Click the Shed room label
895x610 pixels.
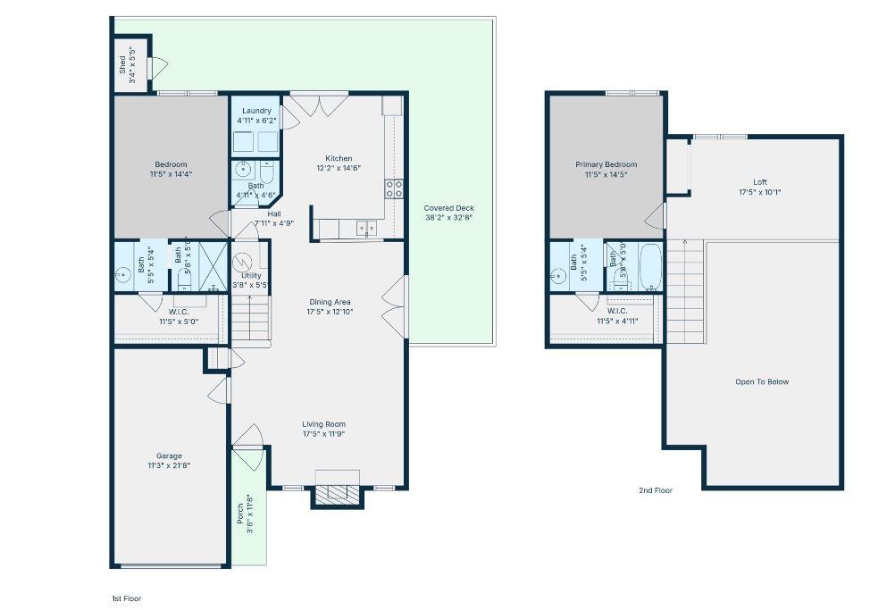(x=122, y=64)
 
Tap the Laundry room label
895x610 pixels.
(x=256, y=111)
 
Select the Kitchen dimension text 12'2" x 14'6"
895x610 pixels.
(x=339, y=168)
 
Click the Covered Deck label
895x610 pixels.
(x=449, y=208)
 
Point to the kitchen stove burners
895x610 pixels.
(x=393, y=188)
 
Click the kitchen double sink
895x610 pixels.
(x=366, y=229)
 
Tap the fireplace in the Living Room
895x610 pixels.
(x=337, y=492)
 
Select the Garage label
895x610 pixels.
(x=170, y=455)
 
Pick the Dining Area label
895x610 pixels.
(x=330, y=302)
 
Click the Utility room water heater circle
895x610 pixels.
(x=244, y=263)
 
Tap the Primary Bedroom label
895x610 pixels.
(x=606, y=164)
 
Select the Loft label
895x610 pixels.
(x=760, y=182)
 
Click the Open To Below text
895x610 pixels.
(x=762, y=382)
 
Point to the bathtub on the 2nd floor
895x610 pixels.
(x=650, y=266)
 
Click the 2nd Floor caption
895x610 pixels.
(x=656, y=490)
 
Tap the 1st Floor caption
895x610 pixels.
(x=125, y=598)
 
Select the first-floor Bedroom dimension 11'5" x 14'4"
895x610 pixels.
(x=171, y=174)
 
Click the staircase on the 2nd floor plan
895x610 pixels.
(x=686, y=290)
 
